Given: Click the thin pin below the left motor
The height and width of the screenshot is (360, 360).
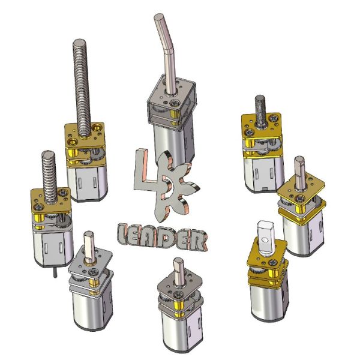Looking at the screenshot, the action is coord(55,272).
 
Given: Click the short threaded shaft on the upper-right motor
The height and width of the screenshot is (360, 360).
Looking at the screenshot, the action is coord(260,110).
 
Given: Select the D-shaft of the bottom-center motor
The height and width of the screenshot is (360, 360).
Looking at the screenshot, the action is coord(179,271).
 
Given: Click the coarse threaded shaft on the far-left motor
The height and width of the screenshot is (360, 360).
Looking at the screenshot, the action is coord(49,177).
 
